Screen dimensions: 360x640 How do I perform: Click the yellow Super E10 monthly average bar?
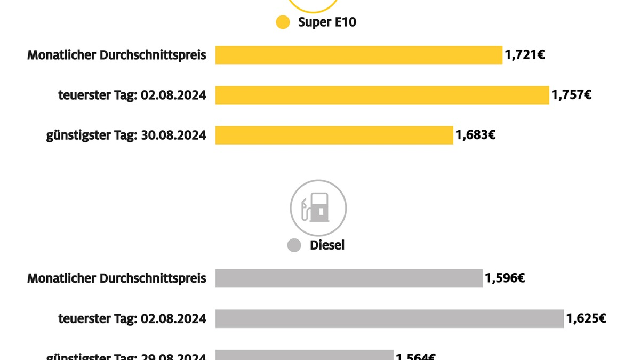coord(358,55)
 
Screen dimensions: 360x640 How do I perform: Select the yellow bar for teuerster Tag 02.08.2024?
coord(382,95)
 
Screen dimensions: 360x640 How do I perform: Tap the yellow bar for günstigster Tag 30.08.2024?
coord(334,135)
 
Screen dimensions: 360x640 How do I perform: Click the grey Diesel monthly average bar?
coord(349,278)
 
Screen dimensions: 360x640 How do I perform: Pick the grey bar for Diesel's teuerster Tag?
coord(389,318)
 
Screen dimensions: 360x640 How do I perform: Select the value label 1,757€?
coord(571,95)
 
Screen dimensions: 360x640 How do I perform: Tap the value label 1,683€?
coord(475,135)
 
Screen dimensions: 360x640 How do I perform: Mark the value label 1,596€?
coord(505,278)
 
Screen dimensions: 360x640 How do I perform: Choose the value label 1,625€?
coord(586,318)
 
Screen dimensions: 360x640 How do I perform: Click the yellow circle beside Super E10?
coord(283,22)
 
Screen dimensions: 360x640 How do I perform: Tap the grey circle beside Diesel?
coord(294,245)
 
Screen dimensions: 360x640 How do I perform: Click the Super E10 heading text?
coord(326,22)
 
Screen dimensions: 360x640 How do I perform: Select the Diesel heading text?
coord(327,245)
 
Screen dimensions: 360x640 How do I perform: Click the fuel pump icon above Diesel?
coord(318,207)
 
